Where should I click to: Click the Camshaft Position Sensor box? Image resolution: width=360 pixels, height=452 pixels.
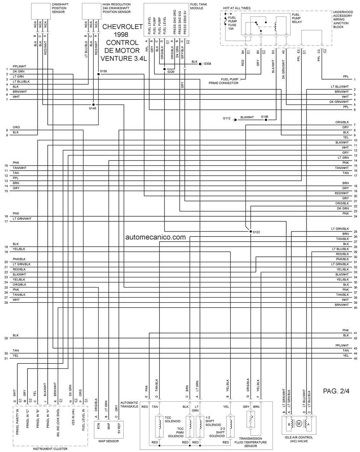(41, 11)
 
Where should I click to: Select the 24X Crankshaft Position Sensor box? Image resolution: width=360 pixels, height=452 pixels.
(91, 11)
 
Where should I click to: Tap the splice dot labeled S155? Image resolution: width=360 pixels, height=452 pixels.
(98, 74)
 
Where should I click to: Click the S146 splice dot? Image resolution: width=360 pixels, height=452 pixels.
(93, 105)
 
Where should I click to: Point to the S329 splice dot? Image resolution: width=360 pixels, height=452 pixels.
(164, 69)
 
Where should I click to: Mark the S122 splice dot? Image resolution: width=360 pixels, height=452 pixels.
(250, 231)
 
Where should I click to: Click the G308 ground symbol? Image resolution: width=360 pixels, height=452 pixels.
(201, 64)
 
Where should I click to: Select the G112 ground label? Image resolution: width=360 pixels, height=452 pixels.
(227, 118)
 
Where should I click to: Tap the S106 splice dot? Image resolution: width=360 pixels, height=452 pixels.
(266, 120)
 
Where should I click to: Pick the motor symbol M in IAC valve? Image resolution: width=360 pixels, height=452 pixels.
(299, 424)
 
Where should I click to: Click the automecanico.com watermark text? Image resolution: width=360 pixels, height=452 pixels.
(155, 237)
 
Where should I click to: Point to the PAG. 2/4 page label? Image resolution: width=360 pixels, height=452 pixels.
(336, 391)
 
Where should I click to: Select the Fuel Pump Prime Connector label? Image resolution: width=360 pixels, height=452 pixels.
(223, 81)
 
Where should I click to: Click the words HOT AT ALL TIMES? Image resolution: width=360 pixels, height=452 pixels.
(237, 8)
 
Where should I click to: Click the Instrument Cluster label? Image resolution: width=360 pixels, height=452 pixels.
(50, 449)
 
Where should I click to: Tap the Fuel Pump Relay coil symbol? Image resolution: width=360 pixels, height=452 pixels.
(276, 26)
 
